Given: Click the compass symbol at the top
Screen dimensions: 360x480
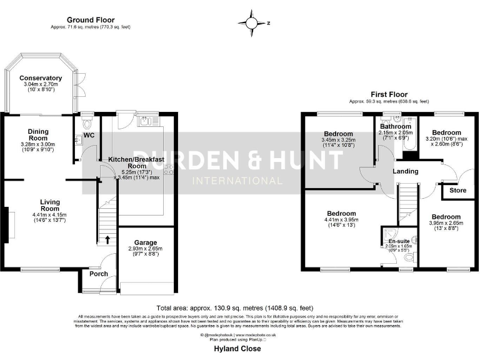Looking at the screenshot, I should (x=251, y=22).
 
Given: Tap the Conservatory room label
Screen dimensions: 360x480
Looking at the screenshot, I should (x=41, y=78).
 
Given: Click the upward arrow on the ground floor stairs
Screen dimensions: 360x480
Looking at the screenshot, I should (x=106, y=239).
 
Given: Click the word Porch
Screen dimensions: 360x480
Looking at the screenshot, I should (x=99, y=274).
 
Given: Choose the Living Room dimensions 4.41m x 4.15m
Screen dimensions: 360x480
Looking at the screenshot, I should (x=49, y=214).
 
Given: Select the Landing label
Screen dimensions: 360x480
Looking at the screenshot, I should (x=406, y=171).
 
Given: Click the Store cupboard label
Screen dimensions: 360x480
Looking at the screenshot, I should (x=457, y=190).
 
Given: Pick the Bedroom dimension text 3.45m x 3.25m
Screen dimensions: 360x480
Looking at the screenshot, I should (x=338, y=141).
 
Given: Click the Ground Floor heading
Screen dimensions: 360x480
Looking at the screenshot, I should (x=91, y=21).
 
